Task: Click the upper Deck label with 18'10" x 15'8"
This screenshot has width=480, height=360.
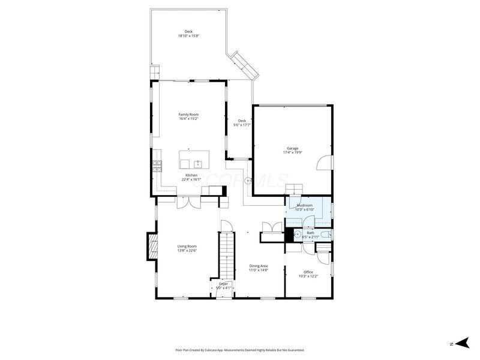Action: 188,34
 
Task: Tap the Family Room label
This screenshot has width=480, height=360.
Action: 188,116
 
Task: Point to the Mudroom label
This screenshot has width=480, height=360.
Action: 305,206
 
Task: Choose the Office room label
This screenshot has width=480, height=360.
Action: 308,274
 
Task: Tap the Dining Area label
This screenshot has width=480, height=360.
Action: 258,268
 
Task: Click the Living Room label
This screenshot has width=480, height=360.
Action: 187,248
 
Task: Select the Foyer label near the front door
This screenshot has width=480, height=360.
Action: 223,286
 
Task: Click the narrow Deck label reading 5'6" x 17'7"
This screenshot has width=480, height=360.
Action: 242,122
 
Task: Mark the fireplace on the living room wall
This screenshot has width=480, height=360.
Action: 151,247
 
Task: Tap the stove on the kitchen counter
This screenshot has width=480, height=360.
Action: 157,167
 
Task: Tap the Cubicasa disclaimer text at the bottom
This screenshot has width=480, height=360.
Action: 240,350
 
